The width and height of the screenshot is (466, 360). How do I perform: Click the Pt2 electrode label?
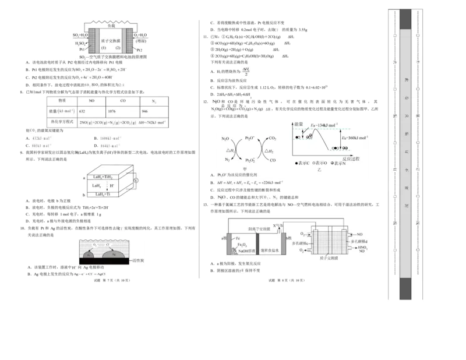pyautogui.click(x=139, y=51)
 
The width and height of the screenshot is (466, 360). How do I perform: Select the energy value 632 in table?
pyautogui.click(x=82, y=111)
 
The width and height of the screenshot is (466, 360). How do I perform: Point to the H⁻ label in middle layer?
pyautogui.click(x=113, y=185)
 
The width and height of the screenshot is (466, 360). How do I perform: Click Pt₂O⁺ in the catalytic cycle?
pyautogui.click(x=250, y=138)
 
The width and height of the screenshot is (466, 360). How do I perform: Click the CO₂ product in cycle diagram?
pyautogui.click(x=273, y=139)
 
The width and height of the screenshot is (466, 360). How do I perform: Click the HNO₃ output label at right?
pyautogui.click(x=363, y=247)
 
